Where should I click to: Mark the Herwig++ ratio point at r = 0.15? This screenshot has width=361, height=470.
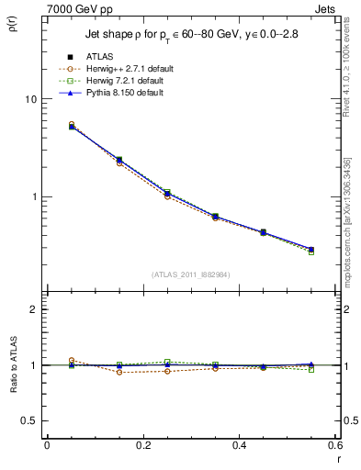coord(95,372)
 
